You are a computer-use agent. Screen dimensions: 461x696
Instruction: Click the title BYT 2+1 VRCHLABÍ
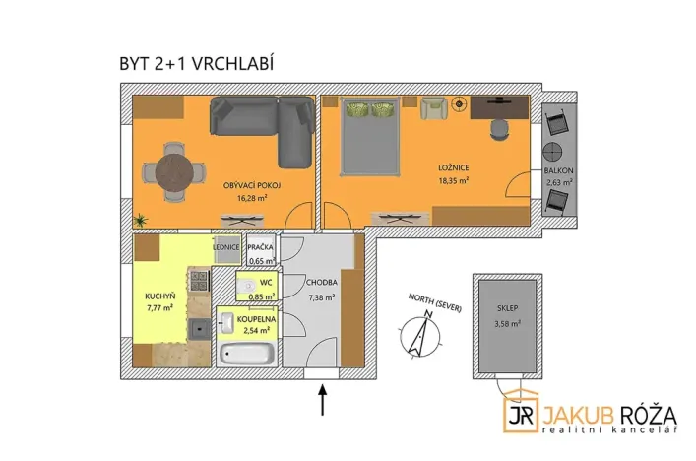195,64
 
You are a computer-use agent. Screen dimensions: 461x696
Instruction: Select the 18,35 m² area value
453,181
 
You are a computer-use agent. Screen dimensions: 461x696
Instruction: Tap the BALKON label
558,170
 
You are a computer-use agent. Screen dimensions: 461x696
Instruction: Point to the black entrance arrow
322,400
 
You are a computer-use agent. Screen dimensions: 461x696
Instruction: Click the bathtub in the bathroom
246,352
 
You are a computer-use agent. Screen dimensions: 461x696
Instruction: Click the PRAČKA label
261,247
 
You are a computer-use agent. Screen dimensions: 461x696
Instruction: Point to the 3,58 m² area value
506,323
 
